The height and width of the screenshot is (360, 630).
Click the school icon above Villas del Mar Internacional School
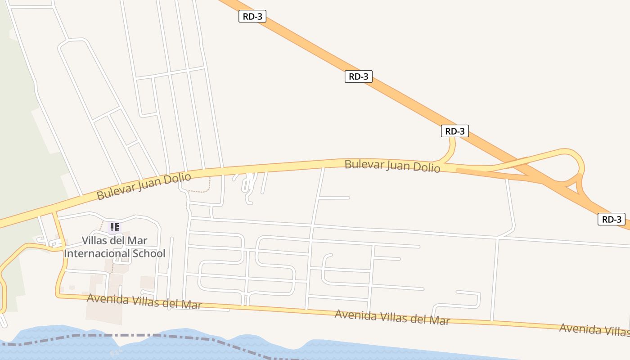pos(114,227)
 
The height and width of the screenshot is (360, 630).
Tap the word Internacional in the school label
pos(97,253)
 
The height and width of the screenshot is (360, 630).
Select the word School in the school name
pos(149,253)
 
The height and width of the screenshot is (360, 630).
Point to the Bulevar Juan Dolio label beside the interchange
pos(392,166)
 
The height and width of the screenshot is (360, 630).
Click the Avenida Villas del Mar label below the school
pos(144,301)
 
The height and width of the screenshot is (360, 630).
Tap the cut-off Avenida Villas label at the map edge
pos(594,330)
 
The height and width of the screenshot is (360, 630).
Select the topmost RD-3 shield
pos(252,17)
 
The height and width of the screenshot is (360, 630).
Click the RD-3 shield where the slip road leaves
pos(454,131)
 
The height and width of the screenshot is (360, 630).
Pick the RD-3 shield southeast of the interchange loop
pos(612,220)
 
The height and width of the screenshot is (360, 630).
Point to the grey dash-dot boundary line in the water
pos(112,335)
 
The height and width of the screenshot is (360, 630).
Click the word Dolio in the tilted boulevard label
pos(176,178)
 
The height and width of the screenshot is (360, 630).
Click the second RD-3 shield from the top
pos(359,76)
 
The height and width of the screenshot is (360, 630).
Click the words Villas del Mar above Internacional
pos(114,241)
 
